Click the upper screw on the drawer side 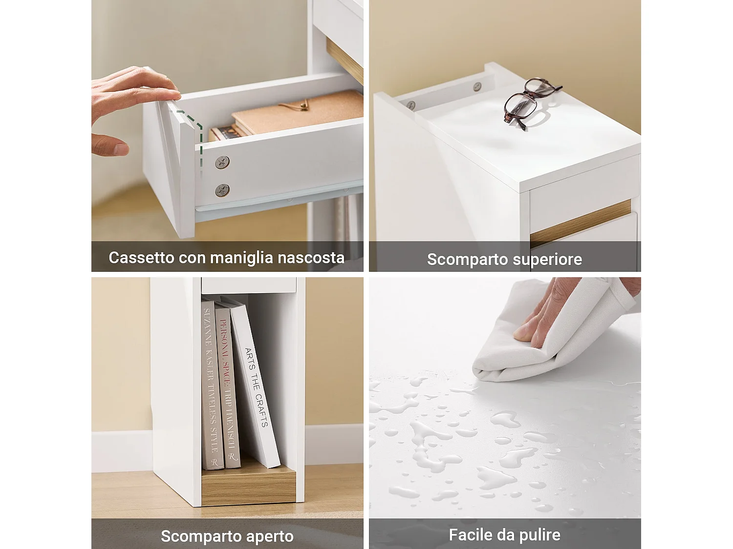click(x=222, y=162)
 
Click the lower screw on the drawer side click(x=222, y=190)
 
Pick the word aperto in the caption click(x=270, y=536)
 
